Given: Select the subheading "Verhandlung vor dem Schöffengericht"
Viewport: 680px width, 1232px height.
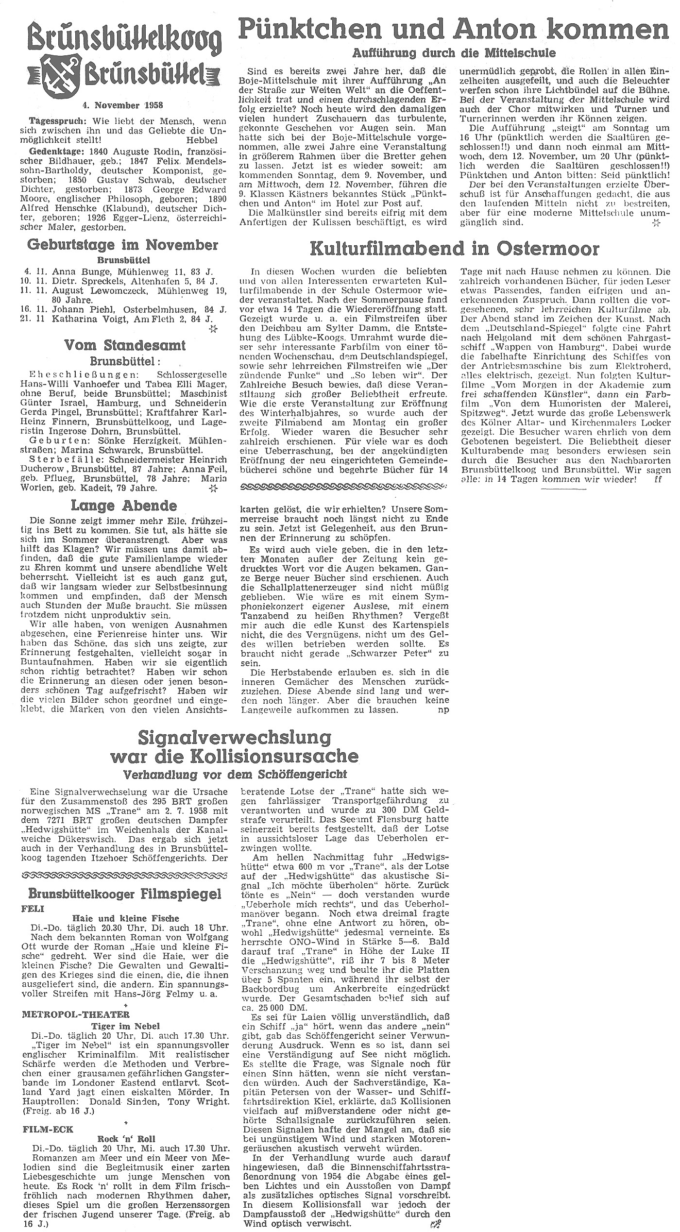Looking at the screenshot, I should point(234,774).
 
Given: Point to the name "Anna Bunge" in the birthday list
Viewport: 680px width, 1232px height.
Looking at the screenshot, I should point(74,271).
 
